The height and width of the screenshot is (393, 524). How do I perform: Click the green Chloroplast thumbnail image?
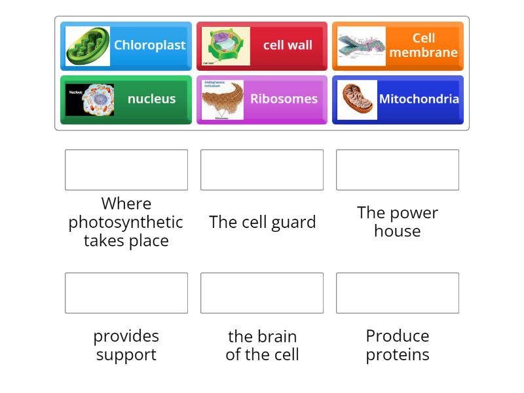(88, 46)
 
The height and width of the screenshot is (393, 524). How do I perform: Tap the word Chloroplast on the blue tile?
(149, 45)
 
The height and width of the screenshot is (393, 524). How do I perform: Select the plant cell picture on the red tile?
(225, 46)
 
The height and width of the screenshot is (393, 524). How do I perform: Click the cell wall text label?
(288, 45)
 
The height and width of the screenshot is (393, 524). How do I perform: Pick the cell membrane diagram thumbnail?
(361, 46)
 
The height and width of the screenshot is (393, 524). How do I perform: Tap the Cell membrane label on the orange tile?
(423, 45)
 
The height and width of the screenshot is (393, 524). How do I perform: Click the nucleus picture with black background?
(90, 100)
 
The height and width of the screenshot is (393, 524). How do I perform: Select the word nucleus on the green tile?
(151, 99)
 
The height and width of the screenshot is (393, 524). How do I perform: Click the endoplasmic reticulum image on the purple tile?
(223, 100)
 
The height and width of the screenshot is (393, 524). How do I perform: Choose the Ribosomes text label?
(284, 99)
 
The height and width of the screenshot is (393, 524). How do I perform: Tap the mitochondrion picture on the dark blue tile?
(357, 100)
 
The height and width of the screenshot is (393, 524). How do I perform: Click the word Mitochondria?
(419, 99)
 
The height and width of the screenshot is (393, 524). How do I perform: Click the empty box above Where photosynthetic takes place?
(126, 170)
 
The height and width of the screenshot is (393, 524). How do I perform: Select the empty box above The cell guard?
(262, 170)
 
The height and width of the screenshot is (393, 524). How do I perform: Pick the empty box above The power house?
(398, 170)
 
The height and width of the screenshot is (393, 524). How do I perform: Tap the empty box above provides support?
(126, 293)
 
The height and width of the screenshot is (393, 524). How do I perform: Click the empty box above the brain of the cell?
(262, 293)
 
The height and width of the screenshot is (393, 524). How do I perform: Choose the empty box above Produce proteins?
(398, 293)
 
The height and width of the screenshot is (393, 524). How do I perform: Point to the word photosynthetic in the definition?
(126, 222)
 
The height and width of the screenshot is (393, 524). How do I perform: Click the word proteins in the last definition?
(398, 354)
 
